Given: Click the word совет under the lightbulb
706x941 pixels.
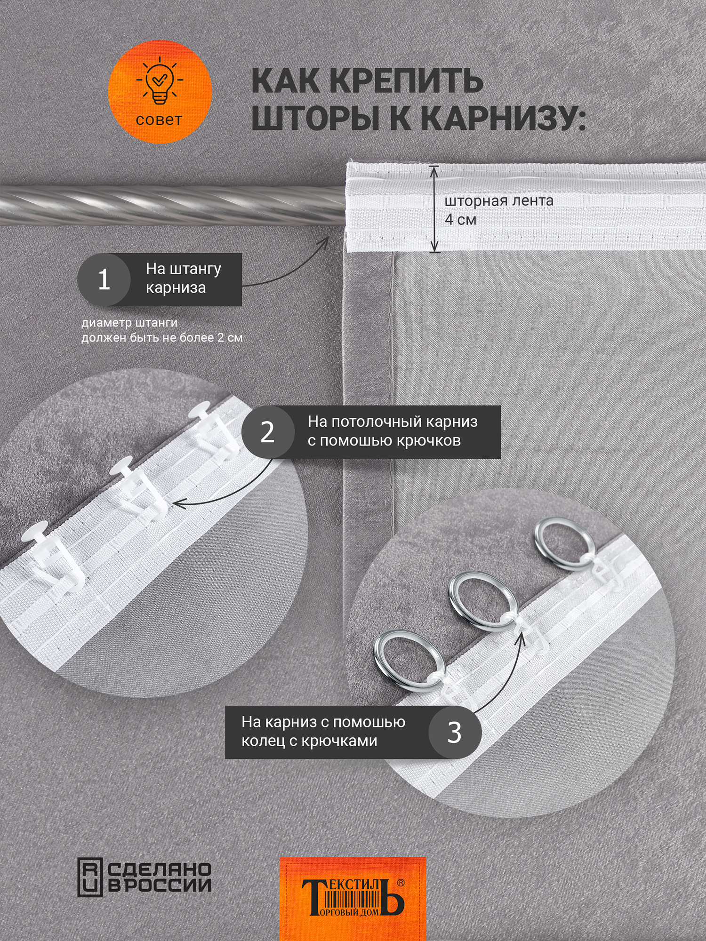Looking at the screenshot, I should click(x=159, y=120).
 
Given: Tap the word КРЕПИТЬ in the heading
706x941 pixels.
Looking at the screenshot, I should click(x=406, y=81).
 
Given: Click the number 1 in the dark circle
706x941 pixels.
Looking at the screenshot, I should click(x=104, y=279).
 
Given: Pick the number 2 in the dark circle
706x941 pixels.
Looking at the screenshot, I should click(x=267, y=432).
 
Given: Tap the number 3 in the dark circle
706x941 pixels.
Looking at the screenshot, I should click(x=454, y=733).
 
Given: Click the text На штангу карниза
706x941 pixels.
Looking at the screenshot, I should click(x=184, y=278).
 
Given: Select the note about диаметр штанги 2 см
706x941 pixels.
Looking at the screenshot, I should click(x=161, y=330).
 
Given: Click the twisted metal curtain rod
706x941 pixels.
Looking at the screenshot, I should click(x=169, y=203).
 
